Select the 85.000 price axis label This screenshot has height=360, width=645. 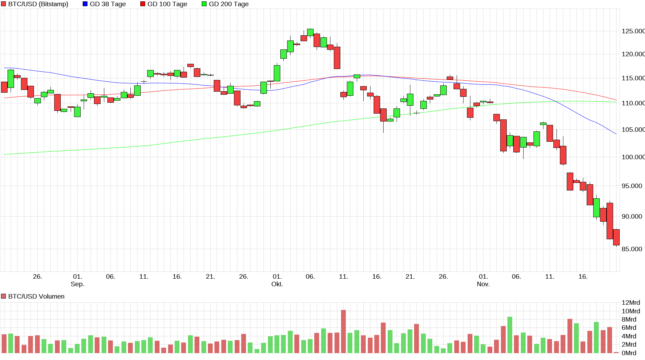point(632,249)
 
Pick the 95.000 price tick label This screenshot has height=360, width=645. point(632,186)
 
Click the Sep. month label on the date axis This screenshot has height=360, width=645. point(78,284)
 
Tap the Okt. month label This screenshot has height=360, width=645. point(277,284)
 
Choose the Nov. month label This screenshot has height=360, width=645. point(483,284)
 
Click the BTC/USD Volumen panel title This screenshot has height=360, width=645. point(36,297)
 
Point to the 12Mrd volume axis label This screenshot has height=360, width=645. point(631,303)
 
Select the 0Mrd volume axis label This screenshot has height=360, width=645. point(629,353)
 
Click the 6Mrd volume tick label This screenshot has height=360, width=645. point(629,328)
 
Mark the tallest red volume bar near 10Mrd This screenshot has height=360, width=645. point(343,332)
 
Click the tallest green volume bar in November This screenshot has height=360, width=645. point(510,335)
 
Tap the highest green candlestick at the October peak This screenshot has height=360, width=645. point(310,32)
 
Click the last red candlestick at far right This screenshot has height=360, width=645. point(616,237)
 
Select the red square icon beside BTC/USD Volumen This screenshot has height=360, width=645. point(3,297)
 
